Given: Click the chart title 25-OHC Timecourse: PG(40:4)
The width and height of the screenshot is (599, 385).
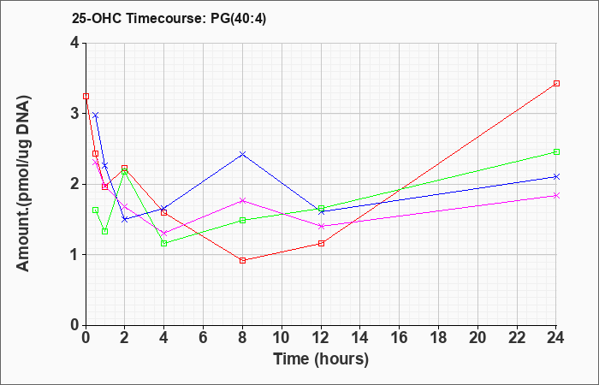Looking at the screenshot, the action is coord(169,18).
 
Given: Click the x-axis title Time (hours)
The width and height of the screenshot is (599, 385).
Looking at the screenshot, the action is coord(321,359).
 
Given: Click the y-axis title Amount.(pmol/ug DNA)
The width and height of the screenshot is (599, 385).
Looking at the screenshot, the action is coord(24,184).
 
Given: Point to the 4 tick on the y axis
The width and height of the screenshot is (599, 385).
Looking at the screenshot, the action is coord(75,43).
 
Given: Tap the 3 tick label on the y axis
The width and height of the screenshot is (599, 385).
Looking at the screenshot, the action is coord(75,114).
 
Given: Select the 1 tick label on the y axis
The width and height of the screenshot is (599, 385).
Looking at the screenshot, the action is coord(75,254).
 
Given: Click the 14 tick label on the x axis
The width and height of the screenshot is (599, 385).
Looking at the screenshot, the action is coord(360,338).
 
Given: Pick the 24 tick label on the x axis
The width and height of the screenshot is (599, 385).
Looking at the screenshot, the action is coord(556,338).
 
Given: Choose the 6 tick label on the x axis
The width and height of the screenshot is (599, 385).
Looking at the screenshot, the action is coord(204,338).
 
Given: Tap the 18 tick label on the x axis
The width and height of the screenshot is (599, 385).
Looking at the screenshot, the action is coord(438,338).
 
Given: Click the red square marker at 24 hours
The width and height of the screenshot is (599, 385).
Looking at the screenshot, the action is coord(556,83).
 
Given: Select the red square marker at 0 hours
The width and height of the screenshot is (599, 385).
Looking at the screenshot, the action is coord(86,96).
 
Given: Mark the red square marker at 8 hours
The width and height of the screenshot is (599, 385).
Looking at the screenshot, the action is coord(242,260).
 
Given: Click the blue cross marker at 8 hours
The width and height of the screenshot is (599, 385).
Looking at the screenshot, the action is coord(242,154).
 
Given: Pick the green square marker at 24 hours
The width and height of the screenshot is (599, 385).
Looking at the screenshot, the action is coord(556,151).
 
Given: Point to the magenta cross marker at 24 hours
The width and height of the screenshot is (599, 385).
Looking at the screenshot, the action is coord(556,196).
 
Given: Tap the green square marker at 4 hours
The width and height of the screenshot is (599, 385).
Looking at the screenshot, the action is coord(164,243).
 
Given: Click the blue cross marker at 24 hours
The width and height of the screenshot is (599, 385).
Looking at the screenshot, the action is coord(556,176).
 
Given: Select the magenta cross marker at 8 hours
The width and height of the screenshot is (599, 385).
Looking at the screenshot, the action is coord(242,200).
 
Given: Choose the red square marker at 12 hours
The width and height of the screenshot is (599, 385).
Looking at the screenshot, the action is coord(321,243).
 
